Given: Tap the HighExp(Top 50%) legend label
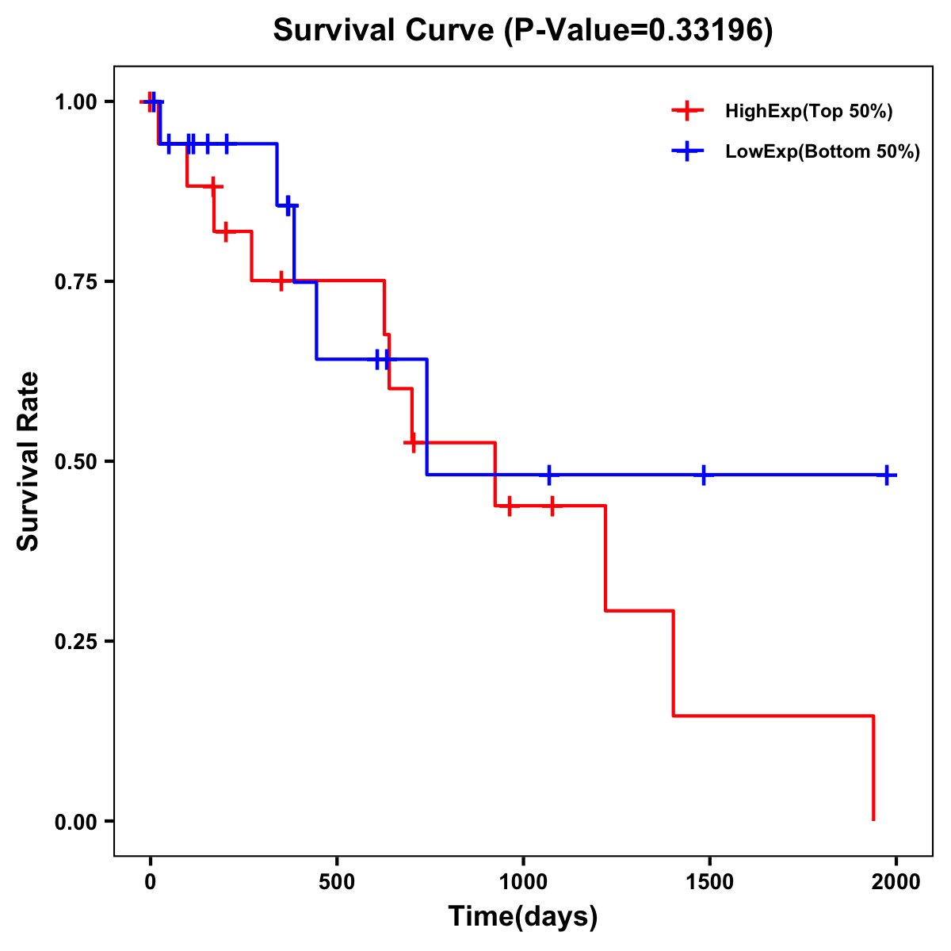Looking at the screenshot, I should tap(808, 112).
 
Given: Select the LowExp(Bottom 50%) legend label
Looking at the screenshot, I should tap(822, 152).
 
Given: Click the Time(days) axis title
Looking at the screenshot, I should tap(523, 917).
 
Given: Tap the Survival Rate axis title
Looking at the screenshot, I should tap(29, 461).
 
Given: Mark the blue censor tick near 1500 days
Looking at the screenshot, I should tap(703, 475).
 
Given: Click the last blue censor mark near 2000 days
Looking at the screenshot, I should tap(887, 475).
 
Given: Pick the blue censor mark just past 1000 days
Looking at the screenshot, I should tap(548, 475).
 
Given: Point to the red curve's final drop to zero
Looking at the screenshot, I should tap(873, 769).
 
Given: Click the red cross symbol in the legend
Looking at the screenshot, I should tap(687, 112).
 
